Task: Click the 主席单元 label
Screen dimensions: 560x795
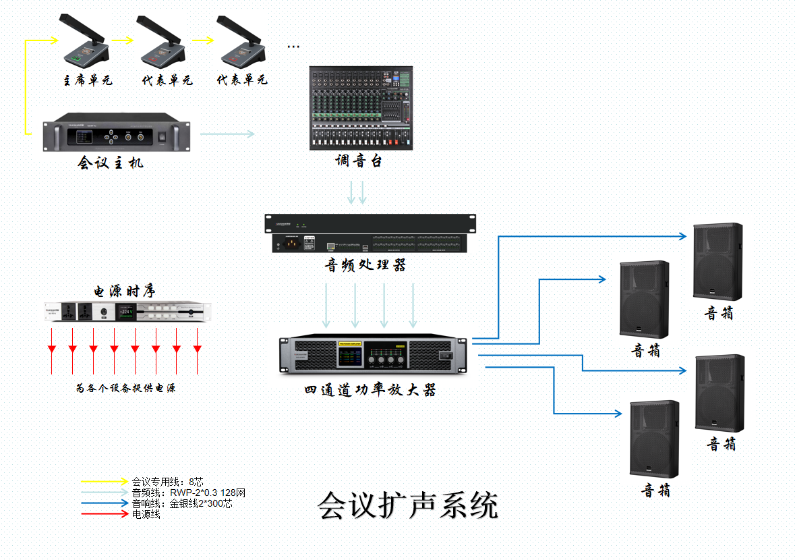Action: [87, 80]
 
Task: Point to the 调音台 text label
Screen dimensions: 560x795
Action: [359, 161]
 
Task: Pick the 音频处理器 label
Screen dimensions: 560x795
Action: [365, 265]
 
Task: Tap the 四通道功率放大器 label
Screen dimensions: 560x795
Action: [370, 390]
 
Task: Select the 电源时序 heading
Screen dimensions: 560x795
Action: [124, 291]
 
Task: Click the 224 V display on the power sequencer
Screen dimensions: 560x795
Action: [126, 312]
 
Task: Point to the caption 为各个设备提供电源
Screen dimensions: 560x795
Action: [125, 389]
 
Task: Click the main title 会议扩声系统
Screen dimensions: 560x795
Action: [408, 505]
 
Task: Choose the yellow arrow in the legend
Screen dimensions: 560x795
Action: [104, 482]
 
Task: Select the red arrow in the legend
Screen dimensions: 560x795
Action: [104, 514]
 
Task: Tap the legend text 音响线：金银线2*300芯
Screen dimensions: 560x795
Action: [182, 503]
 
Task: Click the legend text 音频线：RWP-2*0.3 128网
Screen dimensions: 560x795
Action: [188, 493]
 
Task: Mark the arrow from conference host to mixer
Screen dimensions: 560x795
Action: [227, 134]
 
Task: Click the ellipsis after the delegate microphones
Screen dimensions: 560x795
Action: [293, 47]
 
